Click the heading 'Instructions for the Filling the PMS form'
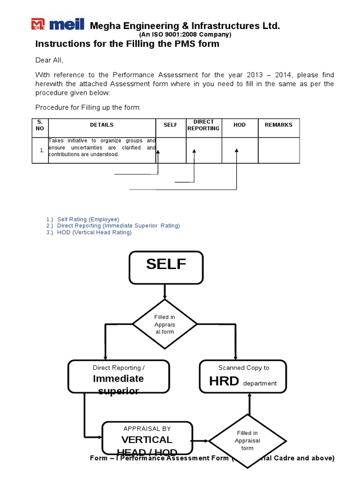tap(127, 44)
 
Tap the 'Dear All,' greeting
tap(49, 60)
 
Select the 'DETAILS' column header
tap(102, 125)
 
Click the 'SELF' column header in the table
tap(171, 125)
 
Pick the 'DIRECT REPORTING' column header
tap(203, 125)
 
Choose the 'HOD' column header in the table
tap(240, 125)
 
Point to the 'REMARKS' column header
tap(278, 125)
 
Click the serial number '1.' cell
tap(41, 150)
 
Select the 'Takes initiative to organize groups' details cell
tap(102, 147)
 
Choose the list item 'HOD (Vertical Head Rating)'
tap(94, 232)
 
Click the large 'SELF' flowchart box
tap(166, 267)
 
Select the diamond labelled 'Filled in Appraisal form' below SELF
tap(165, 324)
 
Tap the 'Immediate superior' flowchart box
tap(119, 376)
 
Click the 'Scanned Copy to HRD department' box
tap(243, 376)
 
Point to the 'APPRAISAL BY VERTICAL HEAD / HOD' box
tap(147, 439)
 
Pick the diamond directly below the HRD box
tap(247, 441)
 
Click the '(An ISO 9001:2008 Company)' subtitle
tap(185, 35)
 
